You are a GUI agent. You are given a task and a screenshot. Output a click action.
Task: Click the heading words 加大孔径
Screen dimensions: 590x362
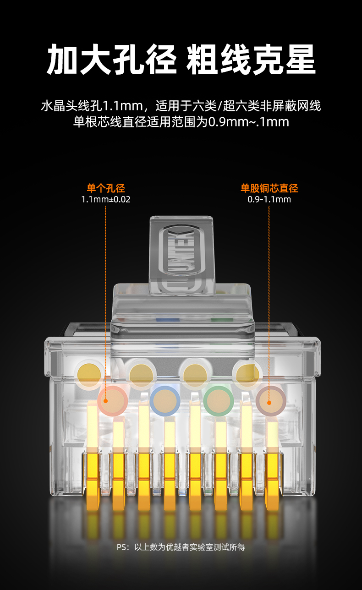(112, 60)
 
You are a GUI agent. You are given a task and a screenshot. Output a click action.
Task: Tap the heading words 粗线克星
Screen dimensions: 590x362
(251, 60)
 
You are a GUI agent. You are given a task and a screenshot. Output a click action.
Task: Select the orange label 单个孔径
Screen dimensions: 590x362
(106, 188)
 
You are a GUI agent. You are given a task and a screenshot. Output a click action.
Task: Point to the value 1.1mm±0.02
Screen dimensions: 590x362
(106, 200)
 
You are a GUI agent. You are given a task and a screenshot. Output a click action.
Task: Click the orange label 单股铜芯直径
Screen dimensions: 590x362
(269, 188)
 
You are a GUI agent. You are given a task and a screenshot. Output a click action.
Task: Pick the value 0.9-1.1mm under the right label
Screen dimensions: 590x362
(269, 200)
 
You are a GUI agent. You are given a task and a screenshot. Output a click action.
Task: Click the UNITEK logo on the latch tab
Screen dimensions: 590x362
(181, 257)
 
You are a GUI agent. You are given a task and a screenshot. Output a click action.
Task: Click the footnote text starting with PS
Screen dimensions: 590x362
(181, 547)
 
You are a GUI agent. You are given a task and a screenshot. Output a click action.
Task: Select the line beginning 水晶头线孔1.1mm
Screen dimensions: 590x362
(181, 107)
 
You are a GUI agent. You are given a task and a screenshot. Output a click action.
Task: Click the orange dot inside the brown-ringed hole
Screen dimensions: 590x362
(269, 402)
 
